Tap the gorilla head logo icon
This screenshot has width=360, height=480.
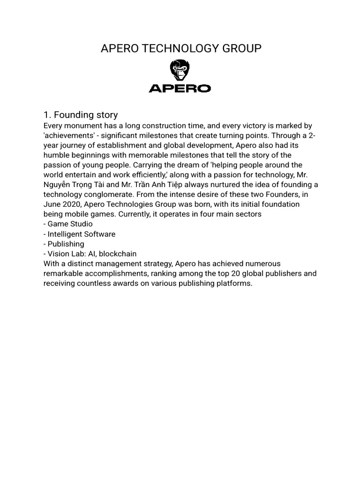[x=180, y=71]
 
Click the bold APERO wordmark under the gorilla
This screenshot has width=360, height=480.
[x=180, y=88]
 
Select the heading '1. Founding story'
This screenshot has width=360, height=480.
[x=80, y=115]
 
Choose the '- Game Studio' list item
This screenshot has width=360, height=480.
[x=68, y=224]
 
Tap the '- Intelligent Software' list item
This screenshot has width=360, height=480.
[x=79, y=234]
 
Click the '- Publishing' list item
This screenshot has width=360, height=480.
[x=64, y=244]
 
